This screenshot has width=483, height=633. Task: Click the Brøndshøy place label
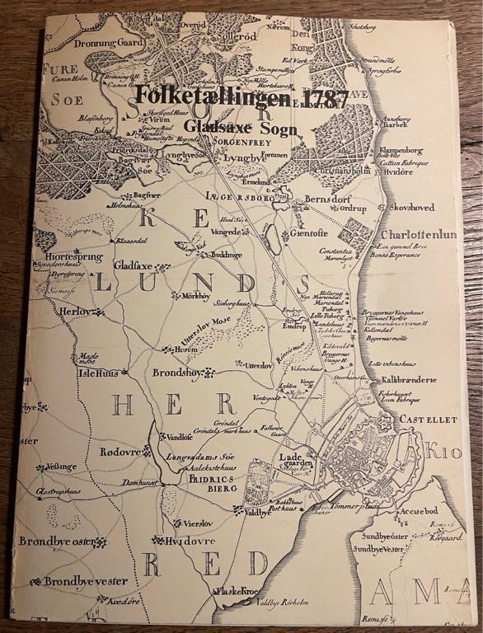pos(179,373)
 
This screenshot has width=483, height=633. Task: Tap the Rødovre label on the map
pos(119,451)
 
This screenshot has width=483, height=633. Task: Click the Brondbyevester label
pos(85,581)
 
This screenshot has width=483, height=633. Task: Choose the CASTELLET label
pos(428,420)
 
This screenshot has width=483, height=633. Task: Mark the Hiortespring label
pos(68,256)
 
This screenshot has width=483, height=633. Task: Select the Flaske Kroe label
pos(240,590)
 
